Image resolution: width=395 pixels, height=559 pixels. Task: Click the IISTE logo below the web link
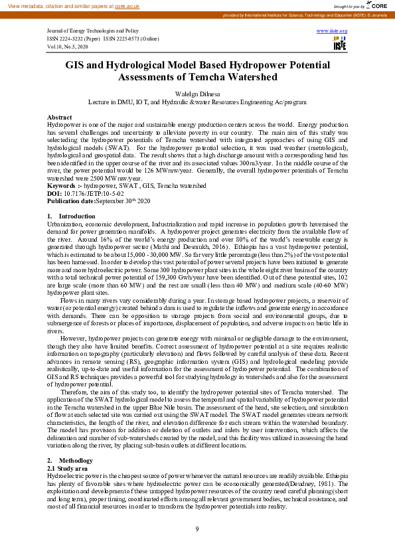(x=340, y=42)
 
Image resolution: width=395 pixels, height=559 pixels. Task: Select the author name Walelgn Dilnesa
(x=197, y=94)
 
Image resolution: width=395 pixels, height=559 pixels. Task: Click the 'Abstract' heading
(x=60, y=116)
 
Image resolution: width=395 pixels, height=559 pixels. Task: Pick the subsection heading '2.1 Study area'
(x=66, y=468)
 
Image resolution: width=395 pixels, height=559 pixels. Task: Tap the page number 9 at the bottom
(x=197, y=528)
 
